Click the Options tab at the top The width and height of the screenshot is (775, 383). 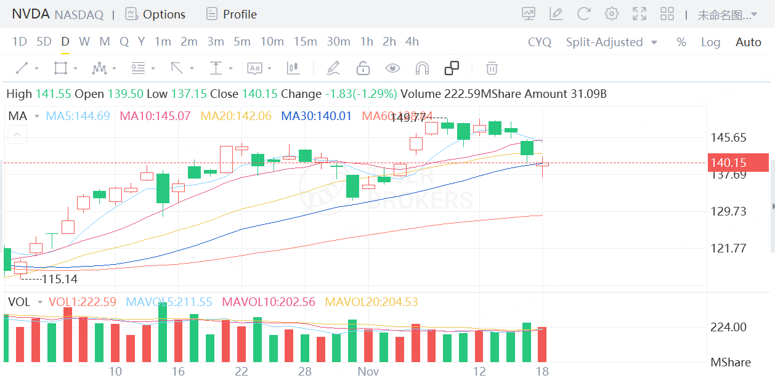click(x=155, y=14)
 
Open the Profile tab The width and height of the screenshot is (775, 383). click(x=232, y=14)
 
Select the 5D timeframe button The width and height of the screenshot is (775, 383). click(x=44, y=42)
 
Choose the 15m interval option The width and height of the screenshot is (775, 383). click(x=305, y=42)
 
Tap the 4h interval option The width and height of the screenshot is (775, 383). click(x=412, y=42)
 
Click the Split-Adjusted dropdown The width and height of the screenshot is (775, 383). click(x=611, y=42)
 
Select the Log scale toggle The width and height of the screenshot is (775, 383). click(x=710, y=42)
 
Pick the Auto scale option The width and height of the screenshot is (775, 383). click(x=749, y=42)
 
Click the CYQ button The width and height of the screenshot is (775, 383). click(x=540, y=42)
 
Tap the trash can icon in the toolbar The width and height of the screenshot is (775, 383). click(x=492, y=68)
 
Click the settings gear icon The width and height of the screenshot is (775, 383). click(x=611, y=14)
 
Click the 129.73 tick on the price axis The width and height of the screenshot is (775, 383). click(x=728, y=211)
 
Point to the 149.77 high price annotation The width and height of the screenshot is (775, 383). click(x=408, y=118)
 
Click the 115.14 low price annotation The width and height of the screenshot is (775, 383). click(x=59, y=279)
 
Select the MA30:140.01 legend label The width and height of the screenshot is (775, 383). click(x=316, y=116)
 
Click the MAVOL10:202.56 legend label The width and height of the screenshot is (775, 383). click(x=269, y=302)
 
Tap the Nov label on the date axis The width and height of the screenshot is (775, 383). click(x=368, y=371)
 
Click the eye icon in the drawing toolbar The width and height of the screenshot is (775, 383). click(x=392, y=68)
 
